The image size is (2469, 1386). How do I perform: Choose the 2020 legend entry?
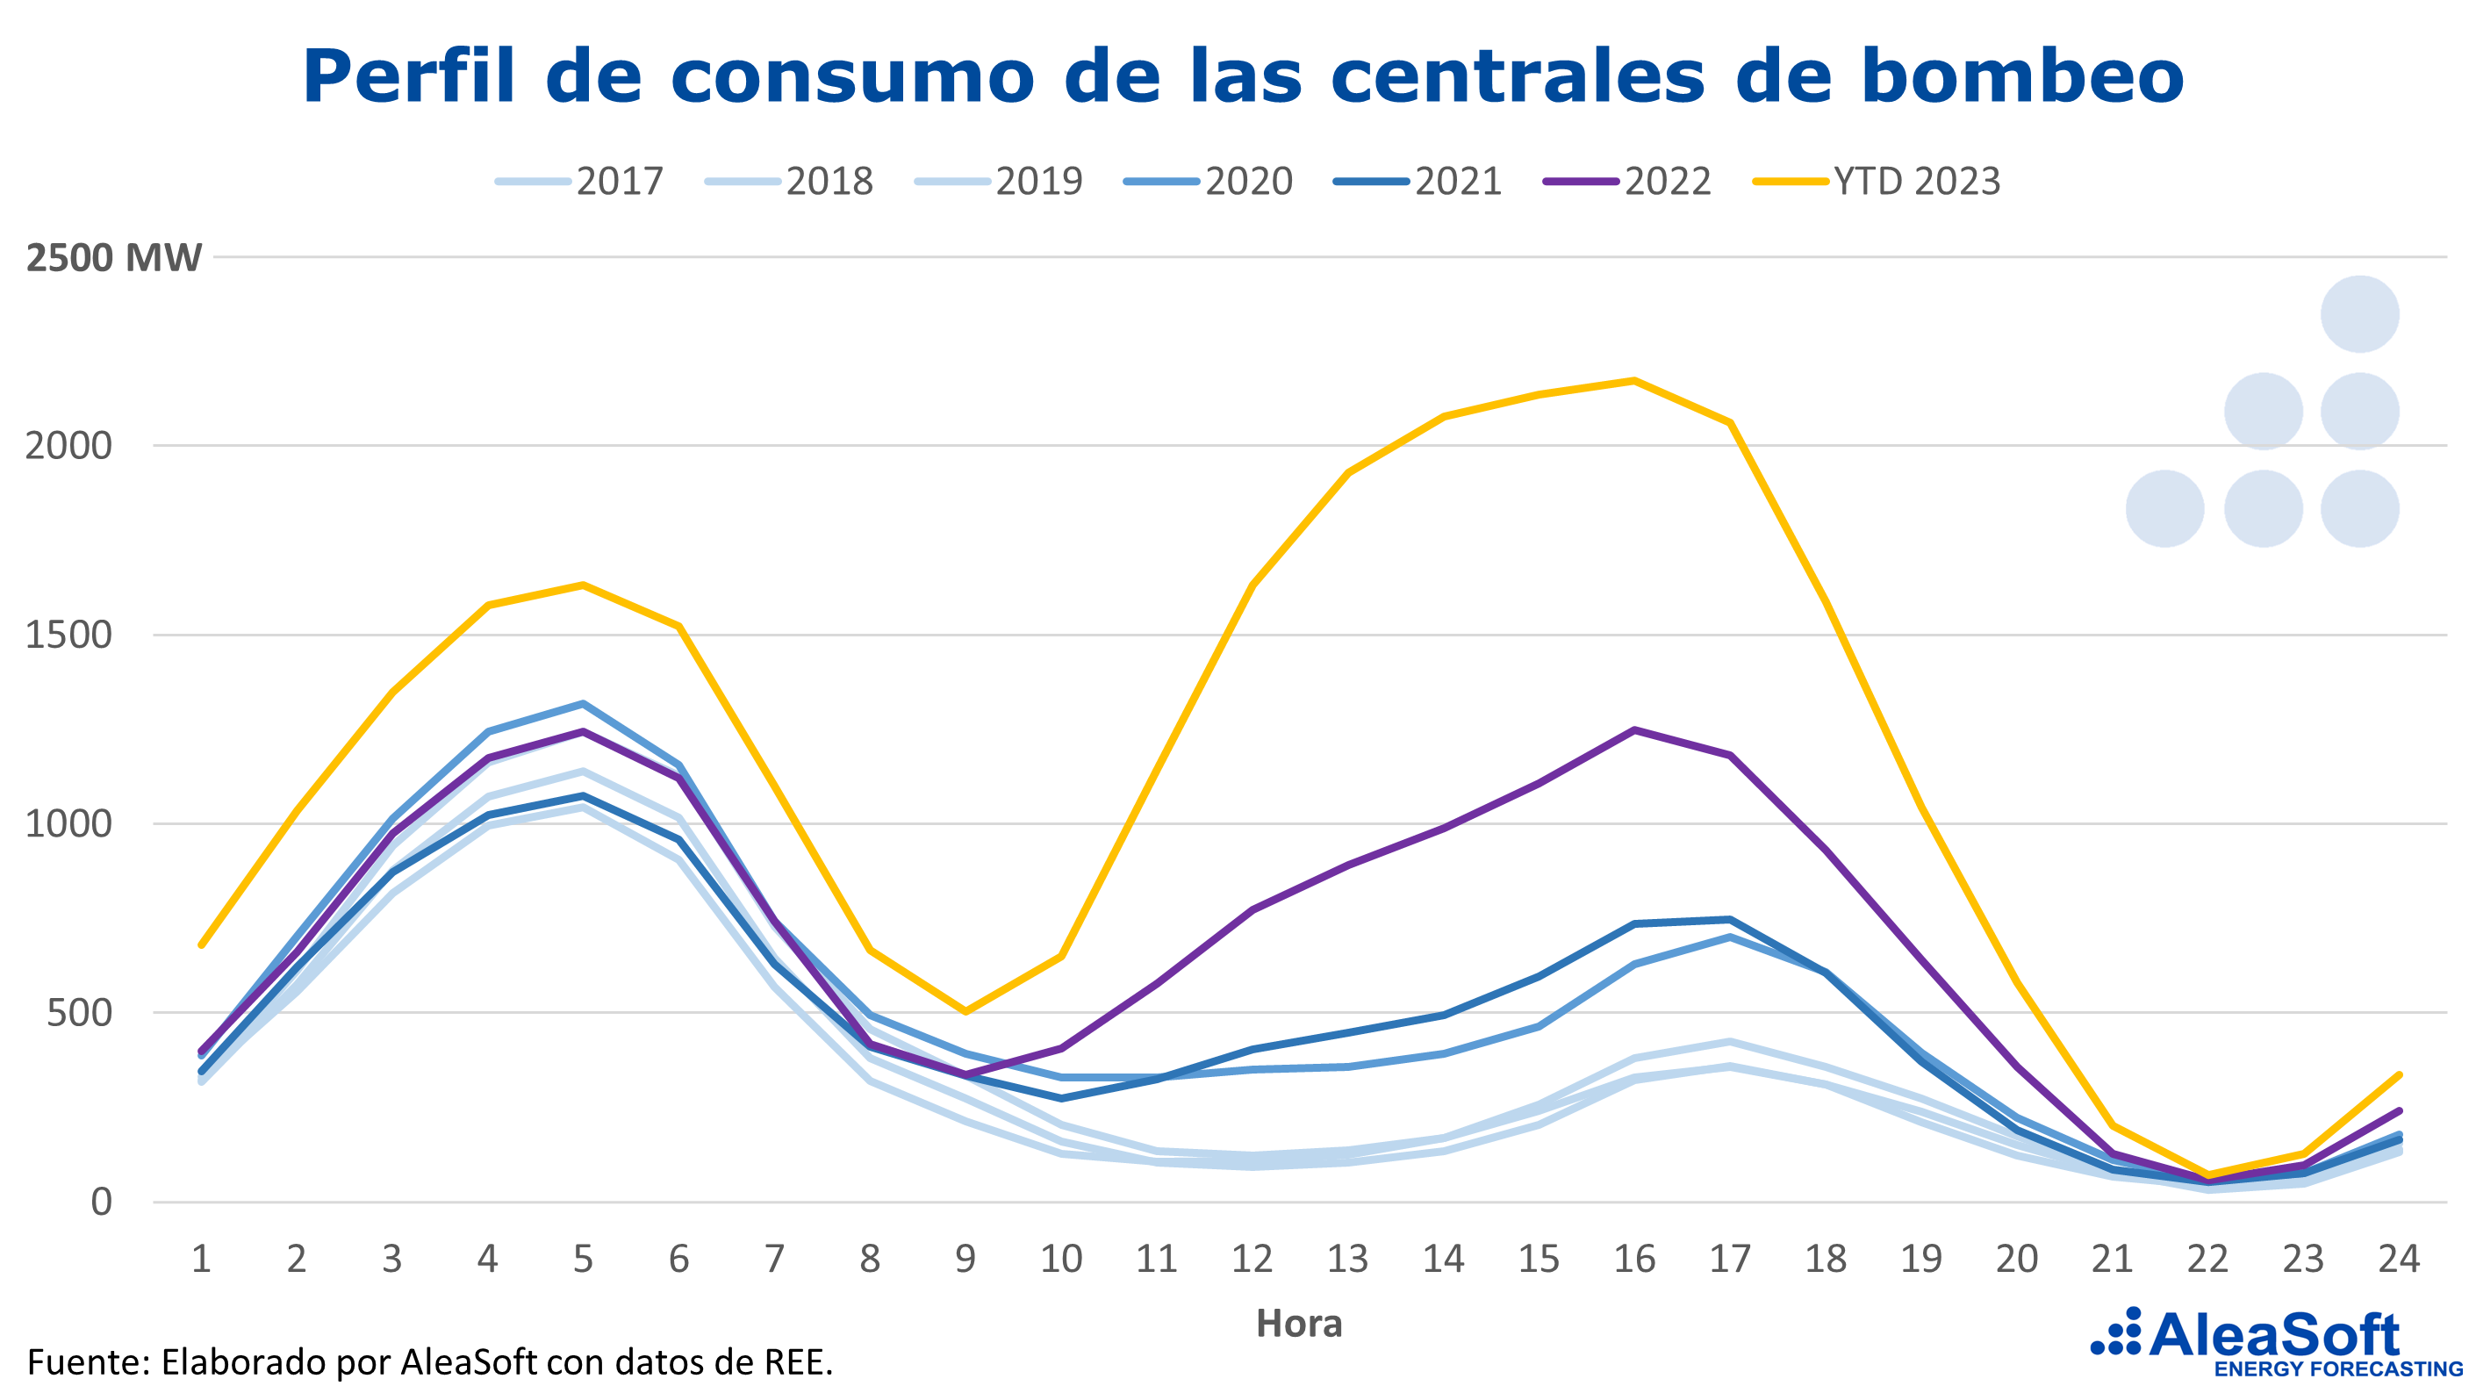[1209, 181]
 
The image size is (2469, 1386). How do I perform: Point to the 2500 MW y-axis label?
[114, 258]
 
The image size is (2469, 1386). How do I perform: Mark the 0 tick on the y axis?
[102, 1201]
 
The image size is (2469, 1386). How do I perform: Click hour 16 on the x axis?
[1634, 1259]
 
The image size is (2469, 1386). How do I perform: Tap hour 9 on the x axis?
[965, 1259]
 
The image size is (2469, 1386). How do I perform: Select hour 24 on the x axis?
[2399, 1259]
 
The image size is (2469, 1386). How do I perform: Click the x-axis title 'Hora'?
[1299, 1324]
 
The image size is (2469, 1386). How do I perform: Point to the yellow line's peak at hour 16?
[1634, 381]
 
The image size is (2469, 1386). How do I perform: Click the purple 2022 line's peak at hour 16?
[1634, 730]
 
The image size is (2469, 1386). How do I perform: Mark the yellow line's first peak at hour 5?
[583, 585]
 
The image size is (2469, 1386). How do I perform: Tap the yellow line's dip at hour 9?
[965, 1011]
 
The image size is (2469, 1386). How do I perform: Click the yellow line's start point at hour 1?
[201, 945]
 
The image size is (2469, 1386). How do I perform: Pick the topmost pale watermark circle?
[2360, 314]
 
